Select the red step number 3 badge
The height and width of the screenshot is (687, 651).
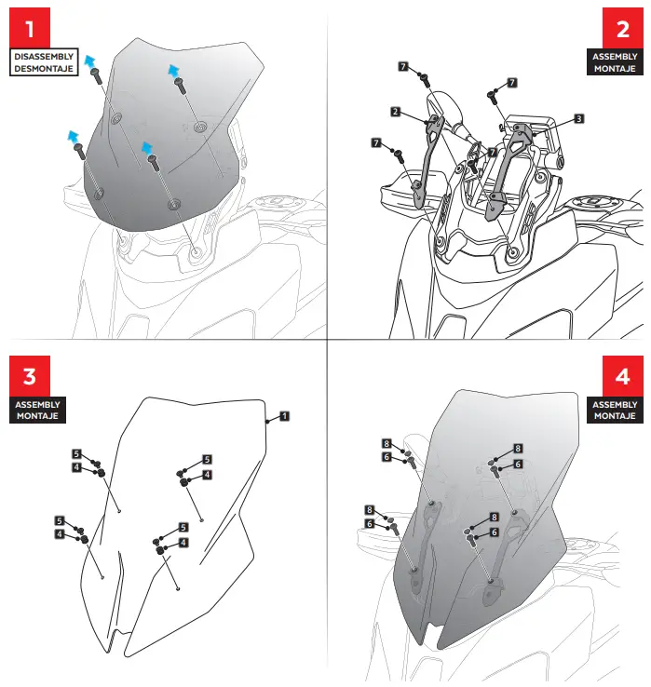coord(30,375)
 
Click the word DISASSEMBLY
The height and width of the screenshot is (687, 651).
coord(43,57)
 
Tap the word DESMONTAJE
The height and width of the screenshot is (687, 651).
coord(43,69)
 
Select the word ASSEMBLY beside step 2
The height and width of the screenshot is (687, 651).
coord(616,57)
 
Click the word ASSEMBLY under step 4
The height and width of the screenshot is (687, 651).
coord(616,405)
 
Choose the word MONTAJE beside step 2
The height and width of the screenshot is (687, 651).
coord(616,69)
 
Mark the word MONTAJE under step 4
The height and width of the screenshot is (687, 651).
coord(616,417)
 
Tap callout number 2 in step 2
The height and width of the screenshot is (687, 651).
coord(396,112)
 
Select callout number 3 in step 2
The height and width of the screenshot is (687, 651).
coord(578,119)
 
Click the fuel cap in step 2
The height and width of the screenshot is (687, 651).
coord(593,202)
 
